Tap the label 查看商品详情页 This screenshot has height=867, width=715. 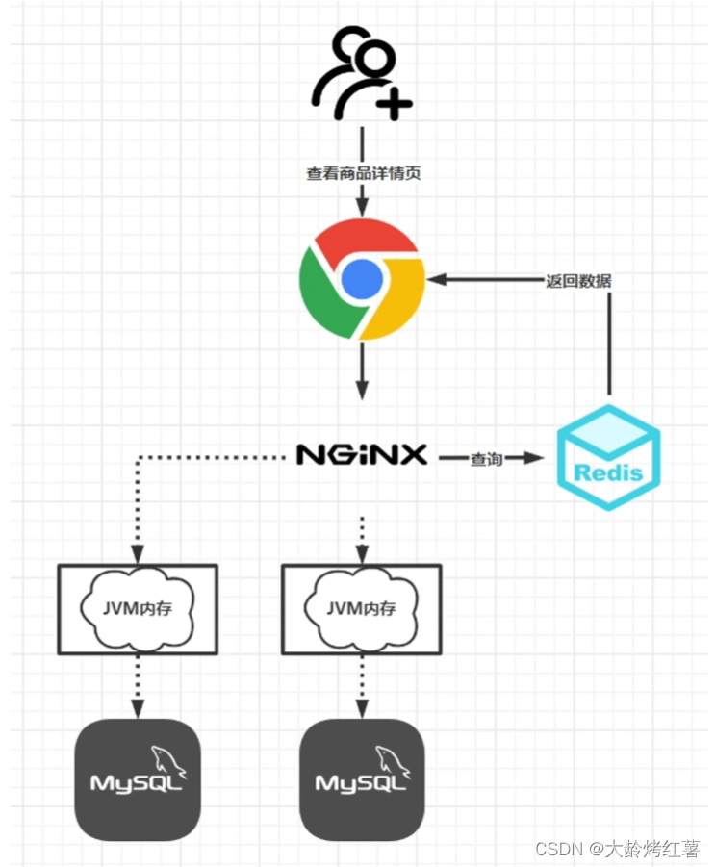(363, 174)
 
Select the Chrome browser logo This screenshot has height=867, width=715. (362, 279)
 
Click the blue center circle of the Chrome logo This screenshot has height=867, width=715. (362, 279)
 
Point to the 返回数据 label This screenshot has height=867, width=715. (577, 281)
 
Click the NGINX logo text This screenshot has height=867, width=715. (362, 455)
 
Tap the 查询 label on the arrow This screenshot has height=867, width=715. (486, 459)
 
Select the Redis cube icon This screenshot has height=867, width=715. (608, 457)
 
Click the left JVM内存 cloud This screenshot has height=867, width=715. (138, 608)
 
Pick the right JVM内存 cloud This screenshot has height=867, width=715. (361, 608)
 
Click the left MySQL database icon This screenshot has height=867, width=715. (138, 779)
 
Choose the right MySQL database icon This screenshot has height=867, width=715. (362, 779)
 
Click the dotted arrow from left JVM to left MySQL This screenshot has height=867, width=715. (138, 685)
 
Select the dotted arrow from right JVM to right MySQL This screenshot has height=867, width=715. (362, 685)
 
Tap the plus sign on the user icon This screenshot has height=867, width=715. (394, 102)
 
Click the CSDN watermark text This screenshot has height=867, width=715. (617, 849)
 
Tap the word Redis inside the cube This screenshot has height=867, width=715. (608, 472)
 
